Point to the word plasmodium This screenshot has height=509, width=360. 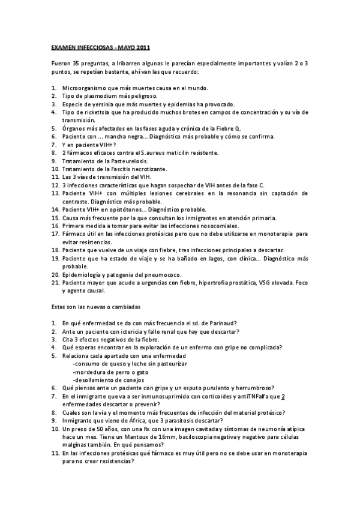click(x=98, y=95)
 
